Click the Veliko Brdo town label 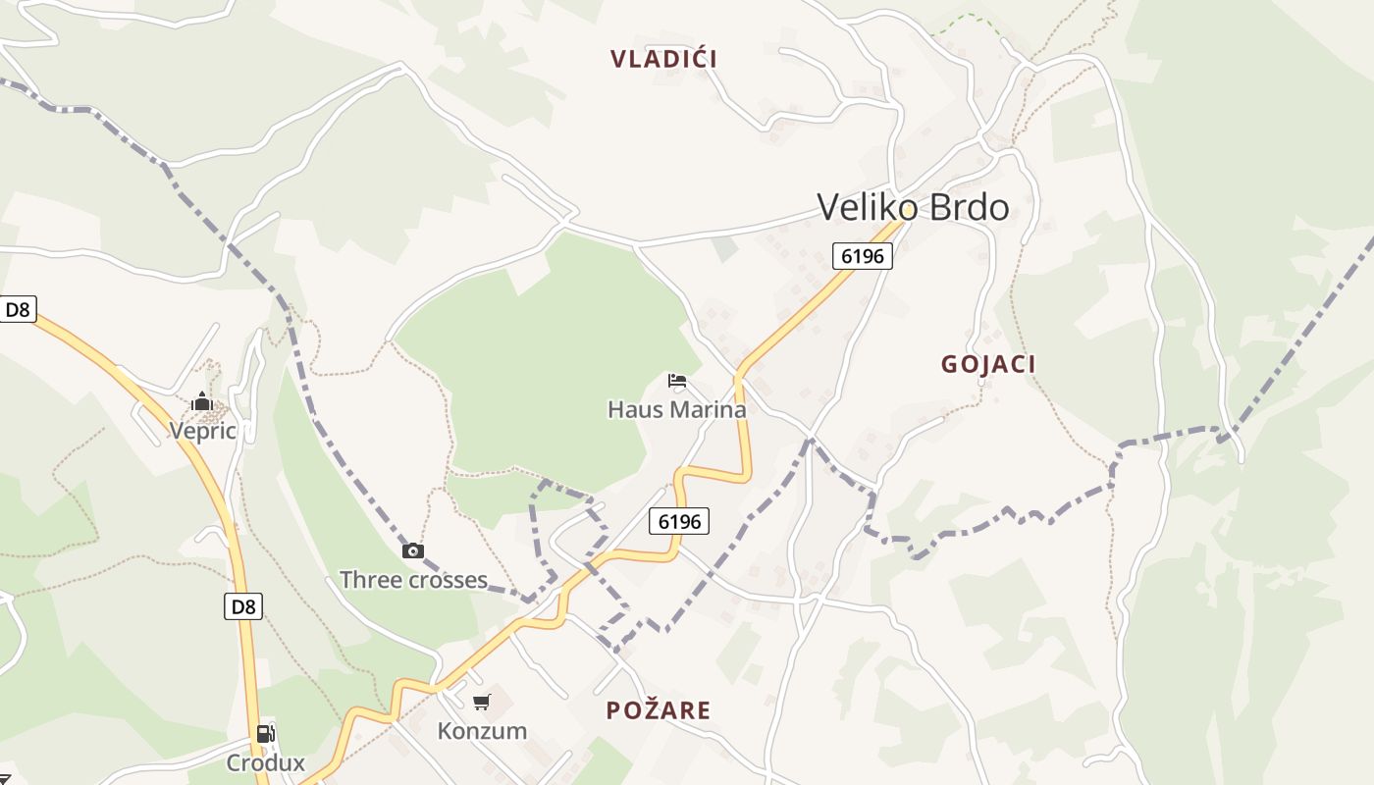[x=912, y=207]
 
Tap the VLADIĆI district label [x=663, y=59]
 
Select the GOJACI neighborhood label [x=988, y=364]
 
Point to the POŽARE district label [x=658, y=710]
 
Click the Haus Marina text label [x=677, y=409]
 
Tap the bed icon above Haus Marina [x=676, y=381]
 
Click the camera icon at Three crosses [x=413, y=550]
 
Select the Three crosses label [x=413, y=580]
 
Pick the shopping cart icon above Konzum [x=481, y=702]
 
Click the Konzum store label [x=482, y=731]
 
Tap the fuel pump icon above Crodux [x=265, y=733]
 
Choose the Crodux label [x=265, y=762]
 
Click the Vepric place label [x=202, y=431]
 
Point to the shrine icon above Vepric [x=201, y=401]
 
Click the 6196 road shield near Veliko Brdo [x=863, y=256]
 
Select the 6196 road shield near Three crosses [x=679, y=521]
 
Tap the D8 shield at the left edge [x=18, y=310]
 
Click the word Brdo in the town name [x=966, y=207]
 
